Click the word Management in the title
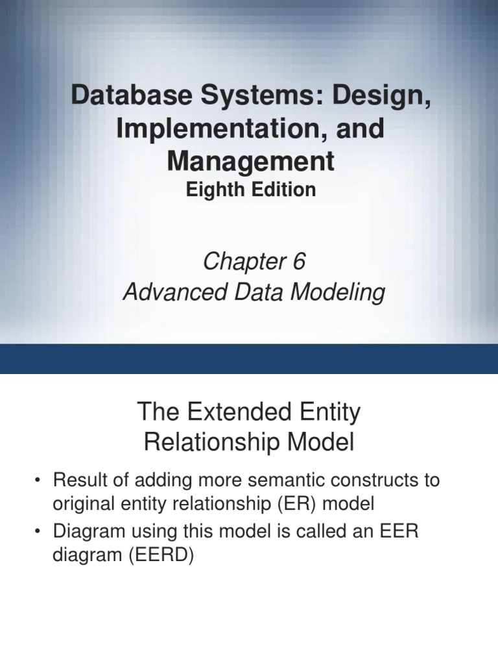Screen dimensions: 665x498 pos(251,160)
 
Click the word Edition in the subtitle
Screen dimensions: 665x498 pos(283,190)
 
